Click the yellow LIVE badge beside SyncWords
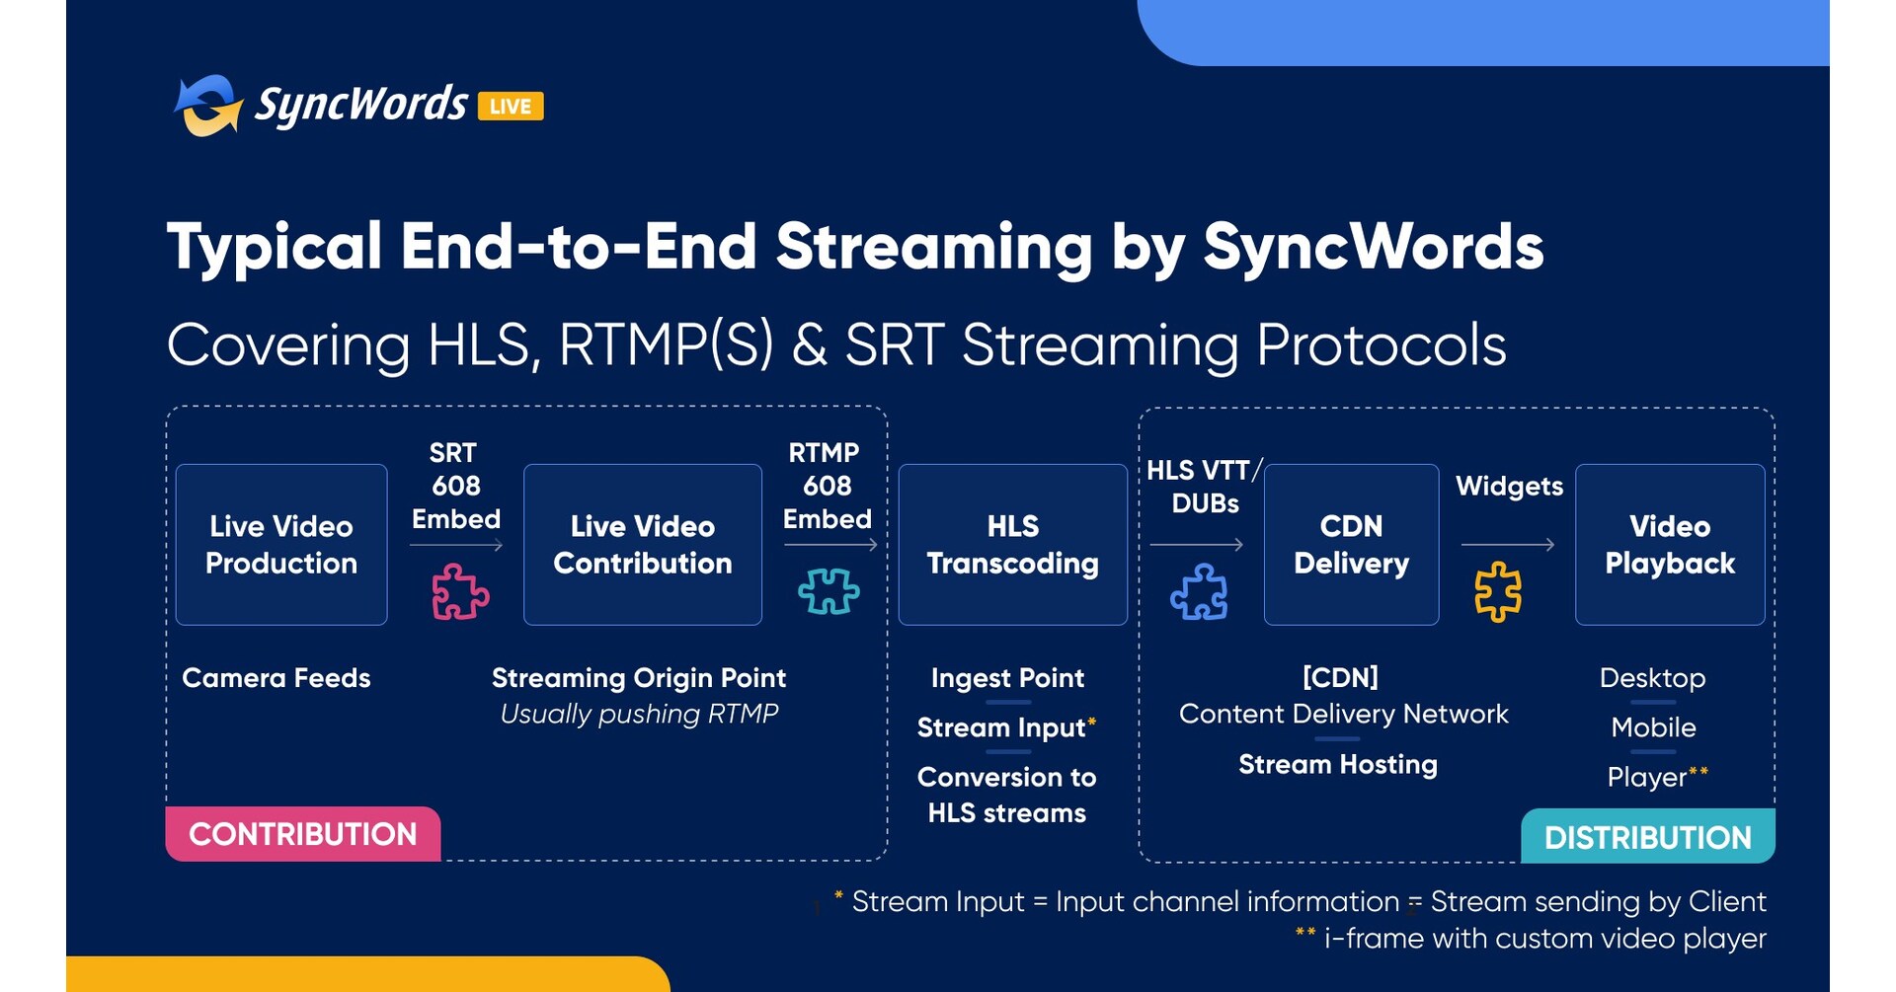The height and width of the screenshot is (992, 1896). pos(511,106)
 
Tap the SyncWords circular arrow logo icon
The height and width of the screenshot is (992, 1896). pos(208,106)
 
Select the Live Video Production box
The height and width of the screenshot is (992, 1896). pos(281,544)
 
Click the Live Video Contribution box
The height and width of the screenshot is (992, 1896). pos(642,544)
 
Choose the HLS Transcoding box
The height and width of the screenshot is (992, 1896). pos(1012,544)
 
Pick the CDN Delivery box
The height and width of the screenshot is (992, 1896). pos(1351,544)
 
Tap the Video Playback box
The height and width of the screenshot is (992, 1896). pos(1669,544)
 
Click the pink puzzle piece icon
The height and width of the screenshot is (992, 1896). pos(459,591)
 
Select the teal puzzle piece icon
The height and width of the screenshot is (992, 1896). pos(828,591)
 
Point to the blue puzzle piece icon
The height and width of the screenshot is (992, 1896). pos(1199,591)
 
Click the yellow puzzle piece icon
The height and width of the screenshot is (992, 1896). pos(1498,591)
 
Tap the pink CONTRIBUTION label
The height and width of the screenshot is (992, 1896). pos(302,834)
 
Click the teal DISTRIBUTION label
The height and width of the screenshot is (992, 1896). pos(1647,837)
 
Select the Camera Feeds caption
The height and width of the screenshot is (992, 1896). pos(276,678)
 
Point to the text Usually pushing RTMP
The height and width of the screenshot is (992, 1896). pos(639,714)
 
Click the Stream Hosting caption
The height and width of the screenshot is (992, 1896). pos(1337,764)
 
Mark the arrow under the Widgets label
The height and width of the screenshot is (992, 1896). pos(1507,544)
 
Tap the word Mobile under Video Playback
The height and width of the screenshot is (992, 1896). pos(1653,727)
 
